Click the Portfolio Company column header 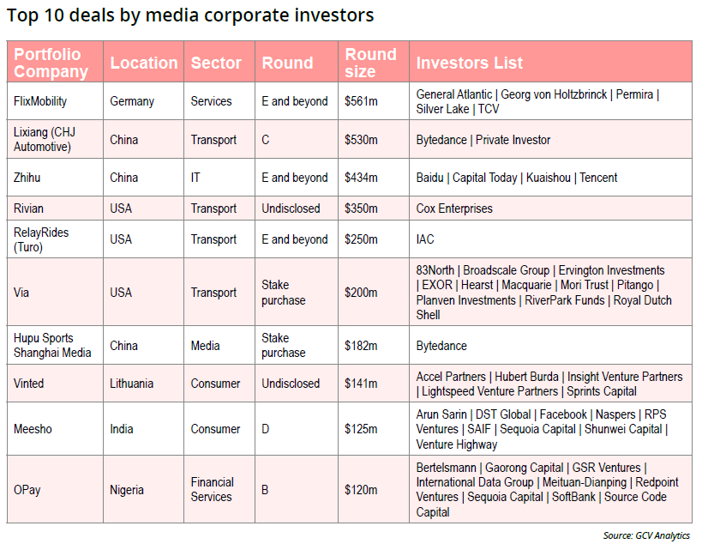51,63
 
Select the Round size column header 370,63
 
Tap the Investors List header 469,63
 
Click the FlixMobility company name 40,101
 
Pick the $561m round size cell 361,101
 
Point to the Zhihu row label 28,178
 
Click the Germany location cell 132,101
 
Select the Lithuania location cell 132,384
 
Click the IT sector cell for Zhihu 195,178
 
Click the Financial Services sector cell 212,490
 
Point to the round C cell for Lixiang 266,140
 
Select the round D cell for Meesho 266,429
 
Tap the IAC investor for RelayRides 425,239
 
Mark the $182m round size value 361,346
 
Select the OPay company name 27,490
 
